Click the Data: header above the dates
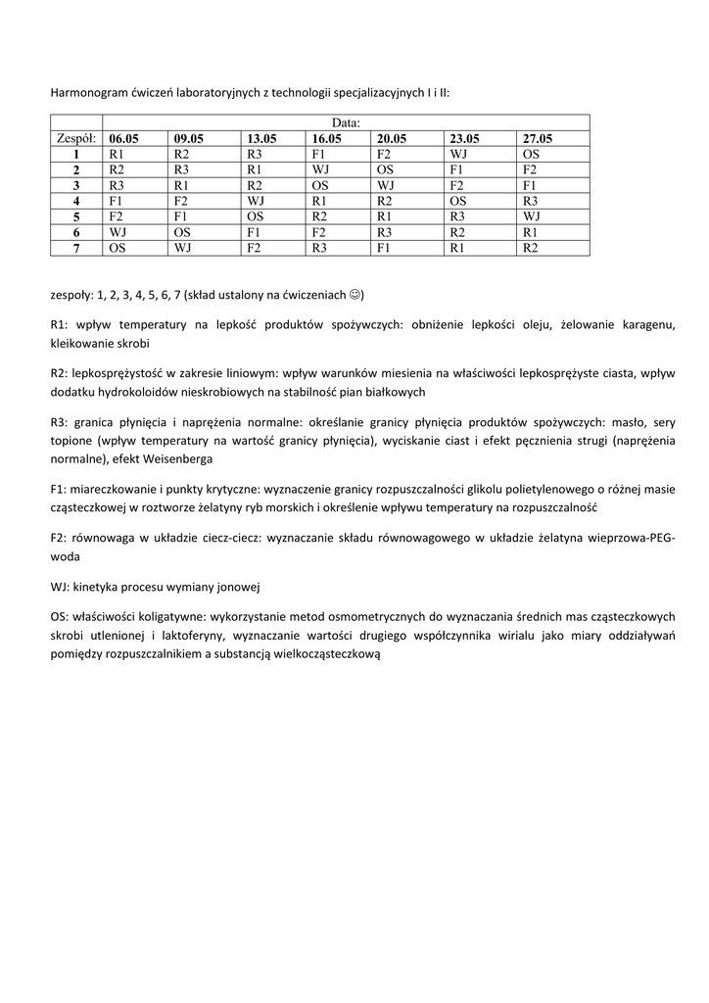[x=346, y=123]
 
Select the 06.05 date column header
[x=124, y=139]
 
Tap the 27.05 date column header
[x=538, y=139]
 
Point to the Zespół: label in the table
[x=75, y=139]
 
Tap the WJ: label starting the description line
[x=60, y=586]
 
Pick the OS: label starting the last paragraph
[x=60, y=617]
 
